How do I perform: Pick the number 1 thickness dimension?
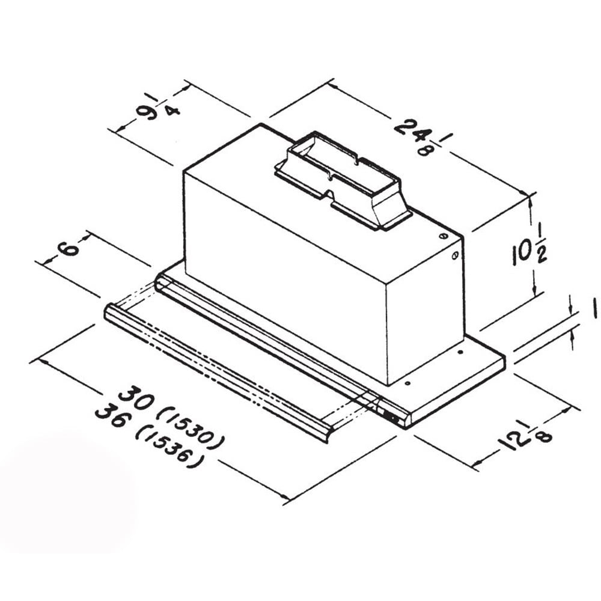click(x=594, y=308)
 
